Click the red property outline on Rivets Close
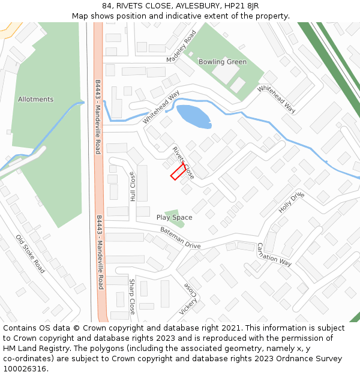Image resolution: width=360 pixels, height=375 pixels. pos(178,172)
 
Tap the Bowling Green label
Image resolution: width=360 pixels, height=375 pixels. pos(223,62)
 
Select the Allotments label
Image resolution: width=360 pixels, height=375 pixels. pos(35,100)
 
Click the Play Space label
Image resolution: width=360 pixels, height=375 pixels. pos(174,217)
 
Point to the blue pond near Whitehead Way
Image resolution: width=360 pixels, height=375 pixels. pos(193,116)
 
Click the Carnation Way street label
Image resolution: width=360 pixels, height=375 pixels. pos(274,254)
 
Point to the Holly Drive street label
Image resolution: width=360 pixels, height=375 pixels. pos(292,203)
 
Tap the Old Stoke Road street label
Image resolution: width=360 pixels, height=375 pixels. pos(31,254)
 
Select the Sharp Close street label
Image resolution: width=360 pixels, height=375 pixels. pos(132,296)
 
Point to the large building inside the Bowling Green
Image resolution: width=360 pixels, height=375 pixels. pos(226,73)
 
